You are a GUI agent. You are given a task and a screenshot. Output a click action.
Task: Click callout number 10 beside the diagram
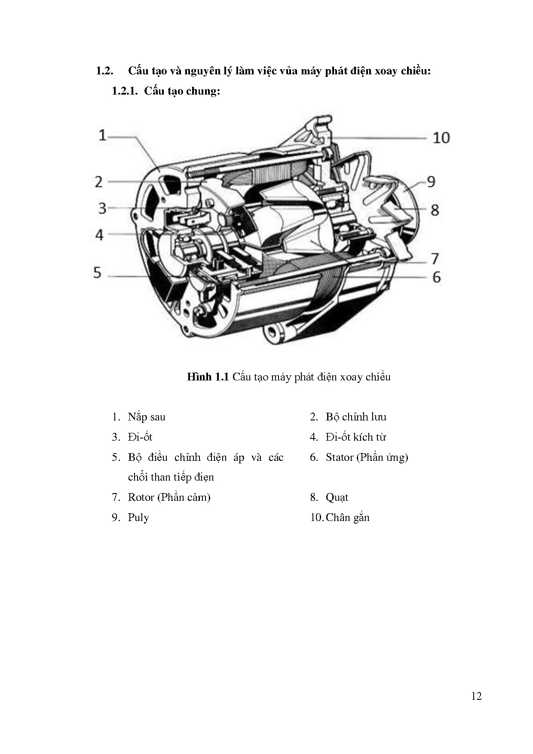(x=441, y=138)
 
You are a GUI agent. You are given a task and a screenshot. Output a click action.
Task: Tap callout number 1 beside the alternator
(x=102, y=135)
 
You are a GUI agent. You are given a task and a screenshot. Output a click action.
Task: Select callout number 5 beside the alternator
(x=98, y=273)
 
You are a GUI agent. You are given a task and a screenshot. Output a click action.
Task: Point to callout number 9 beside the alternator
(x=431, y=182)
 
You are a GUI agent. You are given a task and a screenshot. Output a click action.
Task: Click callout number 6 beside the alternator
(x=436, y=277)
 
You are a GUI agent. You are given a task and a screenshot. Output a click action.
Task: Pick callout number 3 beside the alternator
(x=102, y=208)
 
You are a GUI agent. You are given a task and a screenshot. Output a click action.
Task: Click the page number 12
(x=476, y=696)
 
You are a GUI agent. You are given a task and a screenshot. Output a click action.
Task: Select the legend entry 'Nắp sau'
(x=147, y=417)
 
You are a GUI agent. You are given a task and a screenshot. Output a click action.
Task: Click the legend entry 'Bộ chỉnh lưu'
(x=356, y=417)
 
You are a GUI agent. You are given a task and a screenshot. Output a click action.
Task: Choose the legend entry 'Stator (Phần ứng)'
(x=367, y=457)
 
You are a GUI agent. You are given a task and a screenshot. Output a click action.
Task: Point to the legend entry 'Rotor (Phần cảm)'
(x=169, y=497)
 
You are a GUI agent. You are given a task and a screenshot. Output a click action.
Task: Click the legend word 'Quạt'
(x=337, y=497)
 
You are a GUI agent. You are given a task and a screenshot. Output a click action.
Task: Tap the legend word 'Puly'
(x=138, y=518)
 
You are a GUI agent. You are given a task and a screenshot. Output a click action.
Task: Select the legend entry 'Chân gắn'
(x=347, y=518)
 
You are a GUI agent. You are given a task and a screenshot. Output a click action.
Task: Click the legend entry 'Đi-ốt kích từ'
(x=355, y=437)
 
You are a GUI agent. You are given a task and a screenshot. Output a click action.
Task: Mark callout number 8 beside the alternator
(x=435, y=210)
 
